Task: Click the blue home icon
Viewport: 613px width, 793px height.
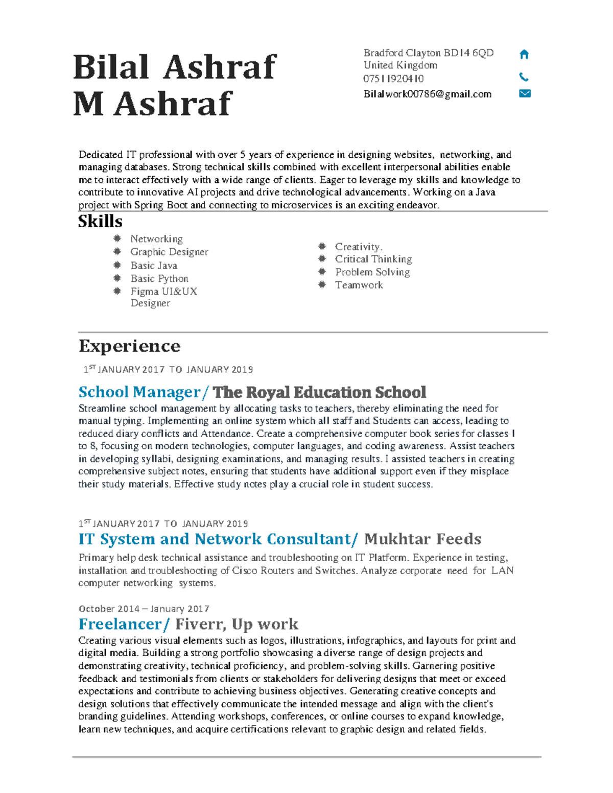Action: click(x=524, y=54)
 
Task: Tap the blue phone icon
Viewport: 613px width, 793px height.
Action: click(x=524, y=77)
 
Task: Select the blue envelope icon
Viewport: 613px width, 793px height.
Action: click(x=525, y=93)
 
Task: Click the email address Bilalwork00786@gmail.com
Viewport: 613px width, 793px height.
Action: click(x=427, y=94)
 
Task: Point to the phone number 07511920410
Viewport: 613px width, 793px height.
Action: click(x=393, y=79)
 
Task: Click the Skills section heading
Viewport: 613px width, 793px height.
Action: click(x=100, y=222)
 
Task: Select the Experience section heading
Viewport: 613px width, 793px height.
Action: click(x=129, y=346)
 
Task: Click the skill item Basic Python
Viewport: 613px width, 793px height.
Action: click(x=159, y=278)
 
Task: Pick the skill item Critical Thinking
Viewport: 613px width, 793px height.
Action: click(x=373, y=259)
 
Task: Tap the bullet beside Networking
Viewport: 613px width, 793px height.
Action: click(x=117, y=238)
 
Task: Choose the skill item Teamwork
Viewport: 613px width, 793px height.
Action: click(x=359, y=285)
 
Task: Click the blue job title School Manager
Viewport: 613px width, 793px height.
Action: click(x=139, y=392)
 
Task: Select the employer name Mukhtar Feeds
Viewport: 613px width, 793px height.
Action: click(x=422, y=539)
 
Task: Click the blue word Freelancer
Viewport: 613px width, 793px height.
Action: click(x=120, y=624)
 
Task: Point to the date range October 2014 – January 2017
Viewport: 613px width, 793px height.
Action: click(x=144, y=609)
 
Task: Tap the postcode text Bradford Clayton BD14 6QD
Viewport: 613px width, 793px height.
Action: click(x=428, y=53)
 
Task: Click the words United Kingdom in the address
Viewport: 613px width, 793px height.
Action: click(x=400, y=65)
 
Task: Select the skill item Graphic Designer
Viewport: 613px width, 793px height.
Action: click(x=169, y=252)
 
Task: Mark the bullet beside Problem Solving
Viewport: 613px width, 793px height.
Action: click(x=322, y=272)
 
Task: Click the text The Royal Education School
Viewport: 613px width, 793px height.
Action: click(x=319, y=392)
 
